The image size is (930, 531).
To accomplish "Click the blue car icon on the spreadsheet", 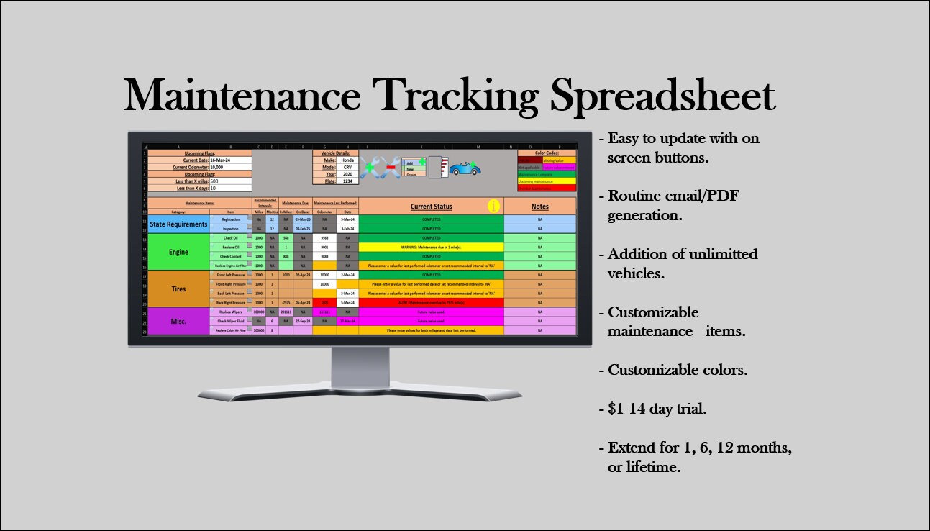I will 465,169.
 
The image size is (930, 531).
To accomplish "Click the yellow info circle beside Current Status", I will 493,206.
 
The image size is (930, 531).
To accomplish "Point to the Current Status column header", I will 431,206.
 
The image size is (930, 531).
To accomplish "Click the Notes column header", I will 539,206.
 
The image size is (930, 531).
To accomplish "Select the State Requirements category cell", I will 178,224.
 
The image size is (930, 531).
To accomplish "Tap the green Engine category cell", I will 178,253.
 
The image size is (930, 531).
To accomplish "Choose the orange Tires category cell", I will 178,289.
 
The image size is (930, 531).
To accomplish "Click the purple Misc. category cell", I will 178,321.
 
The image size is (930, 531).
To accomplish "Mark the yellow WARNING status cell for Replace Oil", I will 431,248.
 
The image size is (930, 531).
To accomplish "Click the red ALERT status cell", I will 431,303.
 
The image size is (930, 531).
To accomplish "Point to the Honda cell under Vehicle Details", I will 347,160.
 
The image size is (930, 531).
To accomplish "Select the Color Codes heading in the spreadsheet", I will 547,153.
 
